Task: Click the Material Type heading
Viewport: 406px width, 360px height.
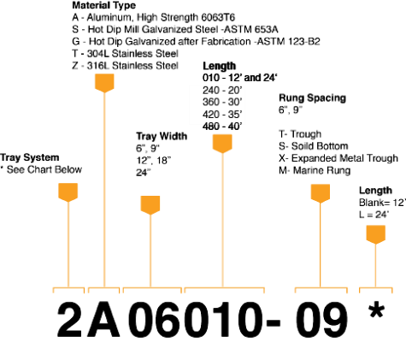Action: (x=103, y=5)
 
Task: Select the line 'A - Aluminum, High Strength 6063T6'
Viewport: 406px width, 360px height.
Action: (x=153, y=17)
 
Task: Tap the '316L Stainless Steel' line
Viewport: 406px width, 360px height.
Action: (x=125, y=66)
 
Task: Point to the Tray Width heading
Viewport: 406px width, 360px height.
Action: (x=162, y=136)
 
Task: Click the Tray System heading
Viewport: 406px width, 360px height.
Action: (x=30, y=157)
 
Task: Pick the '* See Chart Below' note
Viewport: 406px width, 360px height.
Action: (x=41, y=169)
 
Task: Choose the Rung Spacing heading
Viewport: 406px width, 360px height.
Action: (x=312, y=97)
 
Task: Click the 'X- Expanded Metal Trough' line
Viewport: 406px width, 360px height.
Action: (x=338, y=158)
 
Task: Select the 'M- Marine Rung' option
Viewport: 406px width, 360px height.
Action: (x=315, y=170)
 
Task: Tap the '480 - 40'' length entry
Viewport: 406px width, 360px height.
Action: (x=222, y=127)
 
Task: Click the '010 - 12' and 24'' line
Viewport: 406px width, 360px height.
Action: (x=240, y=78)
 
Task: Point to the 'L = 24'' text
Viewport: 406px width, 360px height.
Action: (x=374, y=215)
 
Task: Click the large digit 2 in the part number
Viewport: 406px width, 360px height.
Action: (x=70, y=320)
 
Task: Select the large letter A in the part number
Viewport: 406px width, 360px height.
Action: (x=103, y=320)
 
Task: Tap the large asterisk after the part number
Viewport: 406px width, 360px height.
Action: (x=376, y=310)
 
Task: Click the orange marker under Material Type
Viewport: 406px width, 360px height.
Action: (x=104, y=83)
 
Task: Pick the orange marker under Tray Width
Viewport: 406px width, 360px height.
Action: (x=150, y=205)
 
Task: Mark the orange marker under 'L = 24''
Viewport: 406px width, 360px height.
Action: (x=376, y=234)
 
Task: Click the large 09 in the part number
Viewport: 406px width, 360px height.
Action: (x=321, y=320)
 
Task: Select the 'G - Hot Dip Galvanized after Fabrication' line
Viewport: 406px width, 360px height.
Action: (x=196, y=42)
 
